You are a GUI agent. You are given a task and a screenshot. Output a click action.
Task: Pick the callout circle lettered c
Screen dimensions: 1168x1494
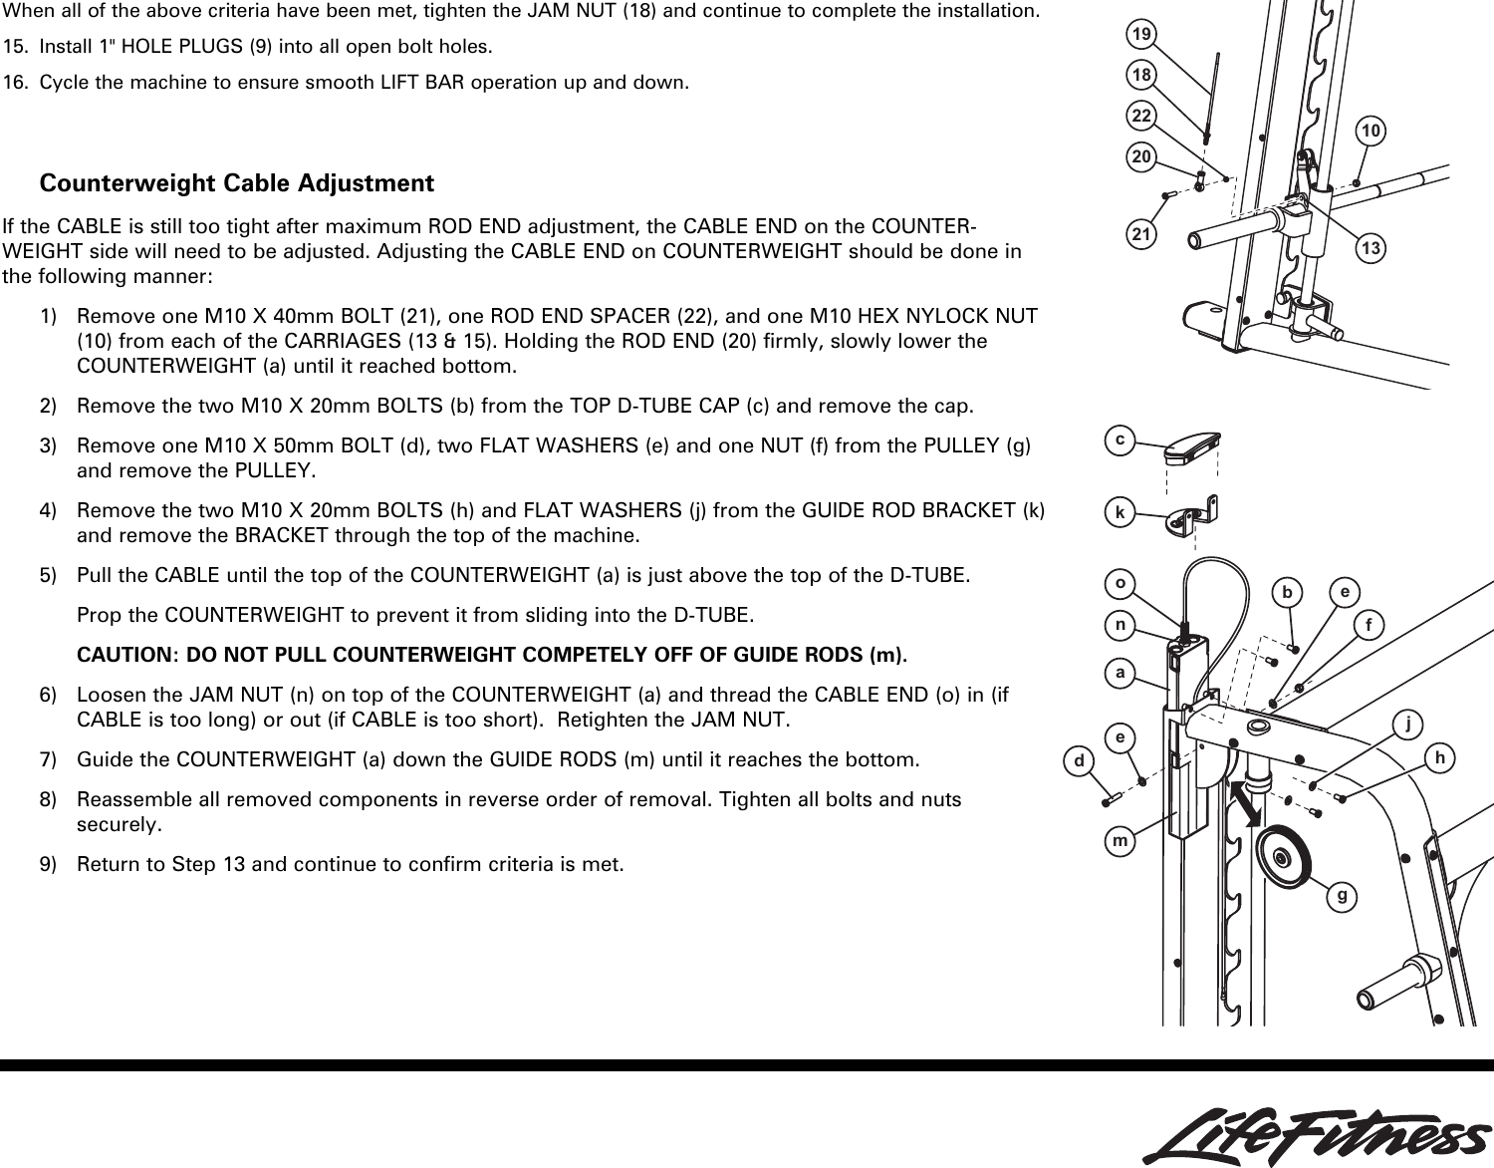(x=1121, y=439)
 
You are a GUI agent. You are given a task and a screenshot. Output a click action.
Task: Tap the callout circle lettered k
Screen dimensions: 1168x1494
(x=1121, y=513)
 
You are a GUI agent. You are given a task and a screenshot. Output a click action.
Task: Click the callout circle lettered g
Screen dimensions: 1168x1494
(x=1343, y=896)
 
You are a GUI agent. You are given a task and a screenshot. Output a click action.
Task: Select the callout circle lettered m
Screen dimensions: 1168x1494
(x=1121, y=842)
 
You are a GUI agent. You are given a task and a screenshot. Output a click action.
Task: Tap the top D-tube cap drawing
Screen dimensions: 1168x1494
(x=1192, y=447)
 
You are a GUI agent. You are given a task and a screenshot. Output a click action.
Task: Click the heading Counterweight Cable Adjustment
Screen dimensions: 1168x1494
(x=236, y=183)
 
